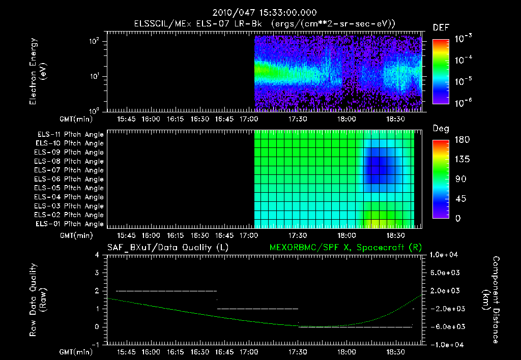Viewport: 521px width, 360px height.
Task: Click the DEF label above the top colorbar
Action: pos(441,27)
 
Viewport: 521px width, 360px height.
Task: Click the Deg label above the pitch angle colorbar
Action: pos(441,129)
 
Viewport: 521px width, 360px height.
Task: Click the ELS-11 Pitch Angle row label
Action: pos(70,134)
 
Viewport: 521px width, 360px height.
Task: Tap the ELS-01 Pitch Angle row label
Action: pos(70,224)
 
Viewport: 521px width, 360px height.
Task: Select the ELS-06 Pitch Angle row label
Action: pos(70,179)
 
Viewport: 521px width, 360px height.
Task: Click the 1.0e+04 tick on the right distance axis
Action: pos(445,255)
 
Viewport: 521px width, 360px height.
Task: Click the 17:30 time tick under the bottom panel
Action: pos(298,351)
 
